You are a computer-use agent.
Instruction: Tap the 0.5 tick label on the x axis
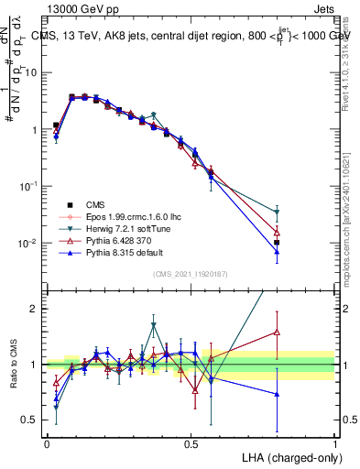[191, 443]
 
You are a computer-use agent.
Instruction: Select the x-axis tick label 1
[335, 443]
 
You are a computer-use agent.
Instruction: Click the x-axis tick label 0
[47, 443]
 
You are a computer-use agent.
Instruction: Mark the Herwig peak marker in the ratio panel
[154, 325]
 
